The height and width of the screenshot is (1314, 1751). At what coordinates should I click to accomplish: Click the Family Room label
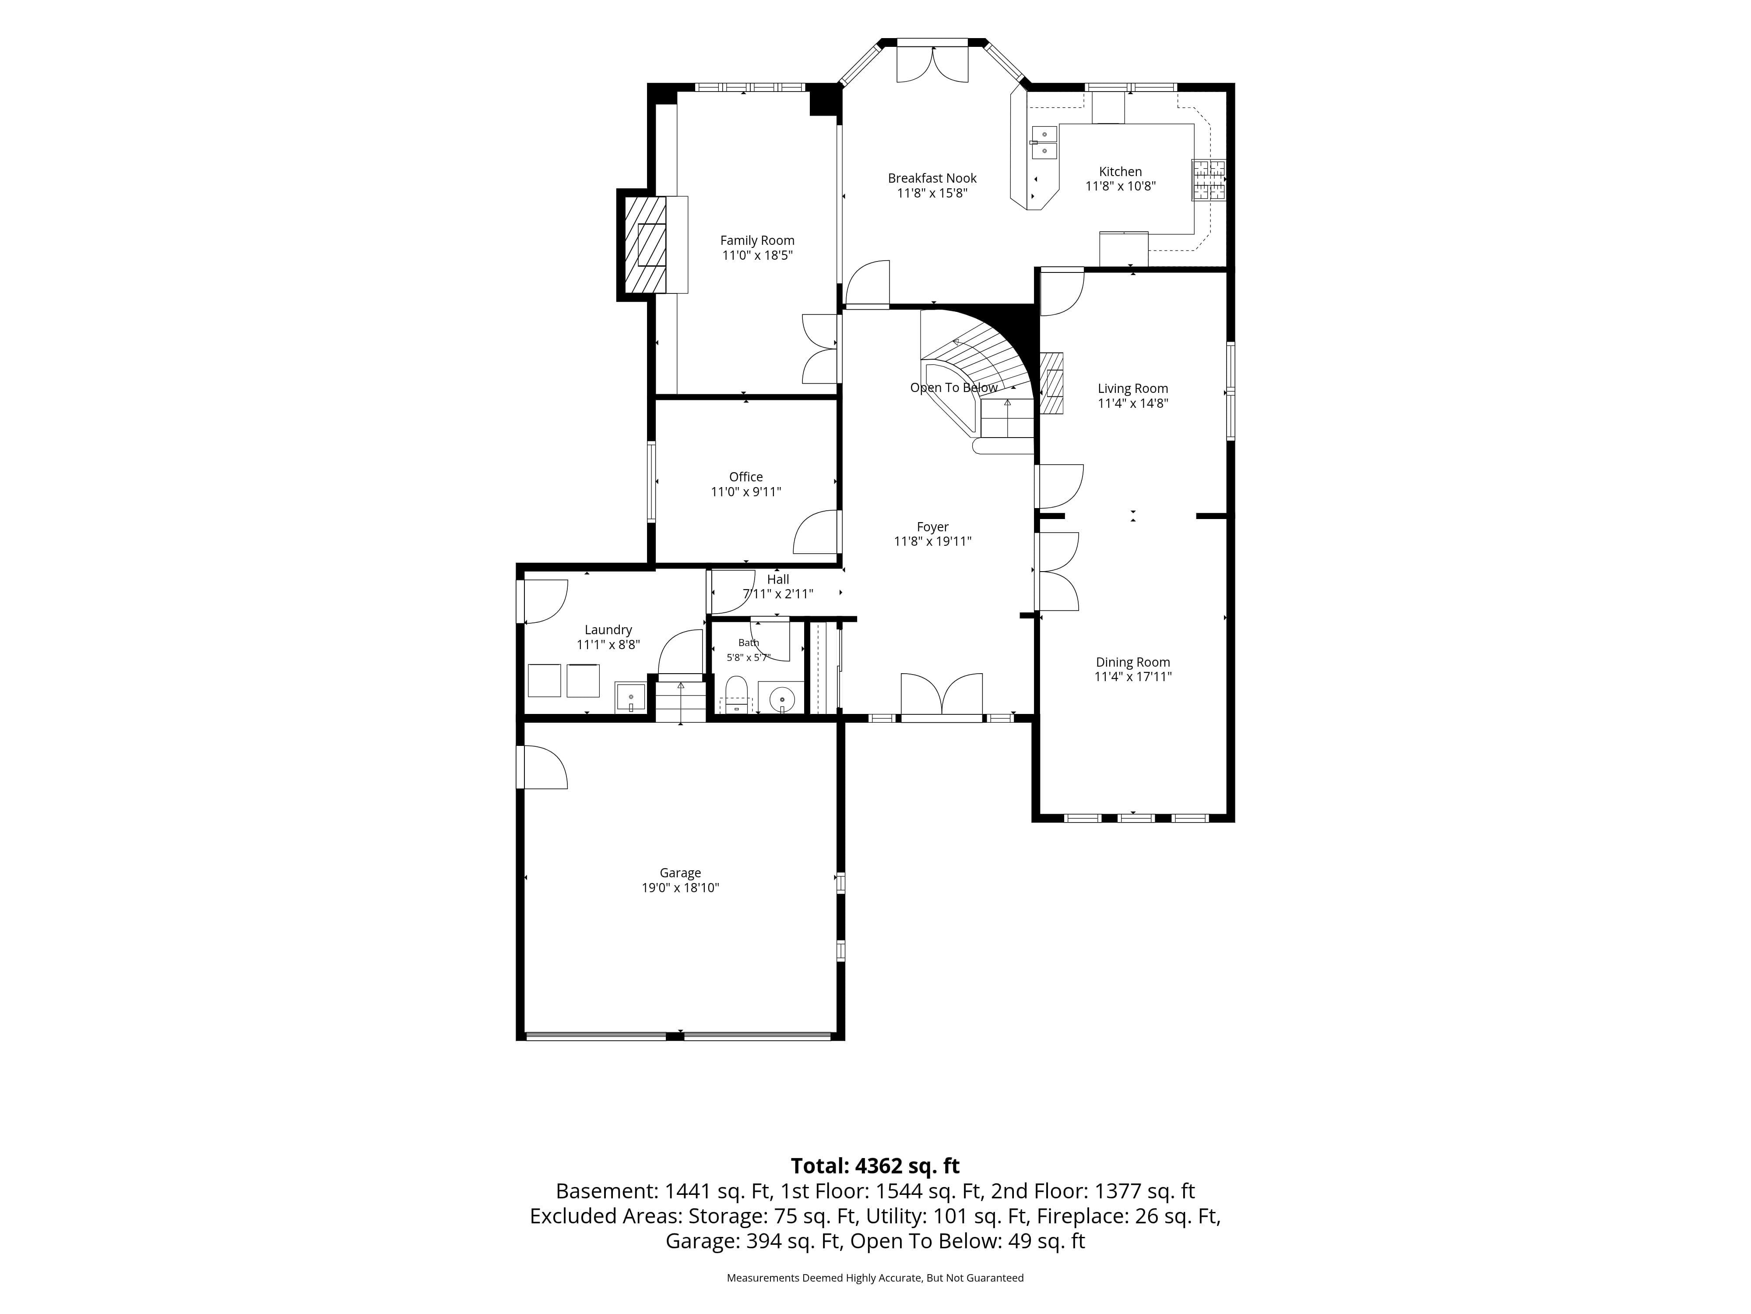pyautogui.click(x=757, y=240)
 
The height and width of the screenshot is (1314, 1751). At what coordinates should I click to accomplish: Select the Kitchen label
pyautogui.click(x=1120, y=172)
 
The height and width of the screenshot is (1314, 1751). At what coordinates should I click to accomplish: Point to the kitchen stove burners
pyautogui.click(x=1209, y=180)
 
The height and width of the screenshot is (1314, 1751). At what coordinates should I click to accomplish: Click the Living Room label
pyautogui.click(x=1133, y=388)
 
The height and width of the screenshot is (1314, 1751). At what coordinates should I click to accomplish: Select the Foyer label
pyautogui.click(x=932, y=527)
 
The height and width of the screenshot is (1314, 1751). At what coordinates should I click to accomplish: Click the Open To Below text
pyautogui.click(x=954, y=387)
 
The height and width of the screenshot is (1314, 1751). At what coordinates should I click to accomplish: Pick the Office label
pyautogui.click(x=745, y=477)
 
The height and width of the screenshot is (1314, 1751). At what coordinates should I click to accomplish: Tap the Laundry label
pyautogui.click(x=608, y=630)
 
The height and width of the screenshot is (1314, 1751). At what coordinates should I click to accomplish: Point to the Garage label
pyautogui.click(x=680, y=873)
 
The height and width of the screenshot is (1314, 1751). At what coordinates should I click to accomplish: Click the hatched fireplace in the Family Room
pyautogui.click(x=645, y=244)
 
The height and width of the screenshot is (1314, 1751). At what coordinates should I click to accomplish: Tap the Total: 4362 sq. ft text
pyautogui.click(x=875, y=1166)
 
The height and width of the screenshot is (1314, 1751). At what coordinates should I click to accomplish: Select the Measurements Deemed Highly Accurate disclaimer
pyautogui.click(x=875, y=1278)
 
